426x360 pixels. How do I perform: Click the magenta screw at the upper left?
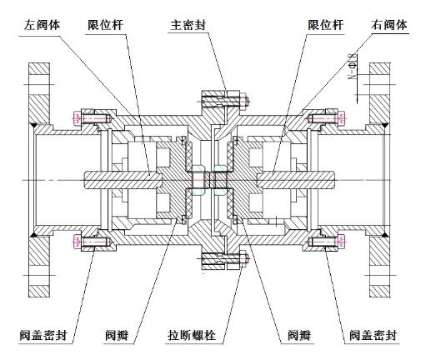pos(87,117)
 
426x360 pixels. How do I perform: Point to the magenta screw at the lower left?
pos(87,242)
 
